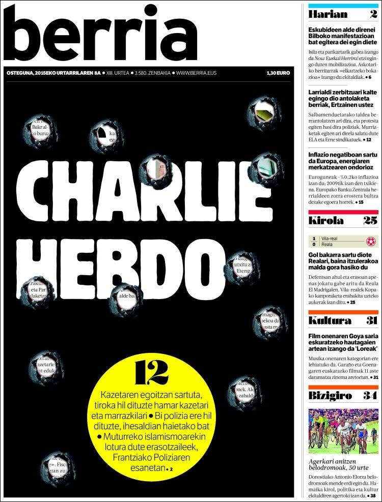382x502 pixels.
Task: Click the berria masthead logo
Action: tap(102, 34)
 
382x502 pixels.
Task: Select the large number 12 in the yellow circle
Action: tap(151, 373)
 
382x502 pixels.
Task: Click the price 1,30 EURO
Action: tap(278, 73)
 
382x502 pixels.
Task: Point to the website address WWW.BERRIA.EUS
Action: tap(196, 73)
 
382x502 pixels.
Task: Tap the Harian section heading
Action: tap(328, 15)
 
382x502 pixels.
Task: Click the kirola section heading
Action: tap(326, 220)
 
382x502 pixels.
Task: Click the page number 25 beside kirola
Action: tap(370, 220)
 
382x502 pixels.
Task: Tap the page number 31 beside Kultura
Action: tap(371, 320)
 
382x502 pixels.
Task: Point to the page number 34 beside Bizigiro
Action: tap(370, 396)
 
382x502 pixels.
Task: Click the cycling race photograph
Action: tap(343, 431)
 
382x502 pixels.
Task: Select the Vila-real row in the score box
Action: tap(336, 238)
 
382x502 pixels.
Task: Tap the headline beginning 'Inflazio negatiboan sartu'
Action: tap(341, 161)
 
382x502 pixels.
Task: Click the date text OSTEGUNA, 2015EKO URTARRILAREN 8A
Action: tap(53, 73)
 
